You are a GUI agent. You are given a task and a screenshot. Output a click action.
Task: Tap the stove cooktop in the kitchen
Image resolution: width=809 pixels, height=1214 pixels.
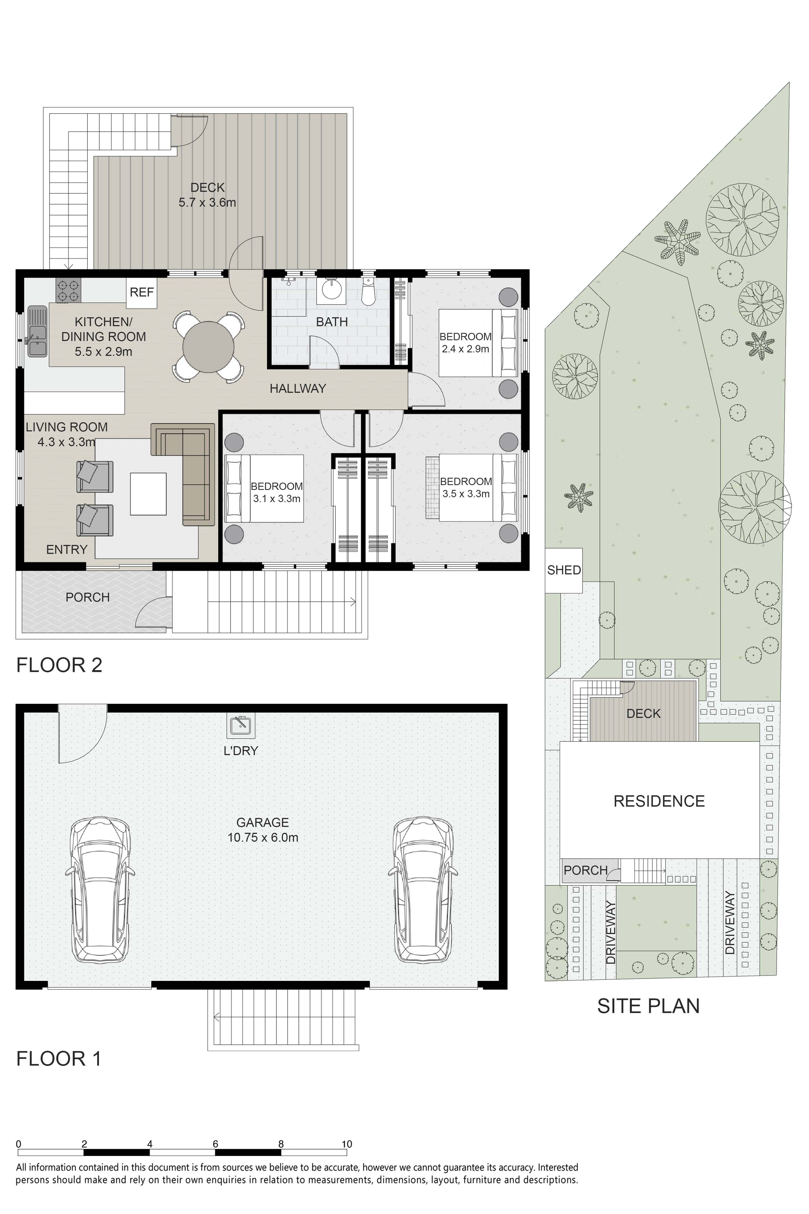pos(68,291)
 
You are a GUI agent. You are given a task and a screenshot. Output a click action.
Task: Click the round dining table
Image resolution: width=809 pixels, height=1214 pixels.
pos(208,347)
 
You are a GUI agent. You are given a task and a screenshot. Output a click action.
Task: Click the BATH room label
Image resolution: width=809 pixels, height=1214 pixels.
pos(332,322)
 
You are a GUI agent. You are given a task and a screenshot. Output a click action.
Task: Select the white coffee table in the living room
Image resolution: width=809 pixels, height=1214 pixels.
pos(148,494)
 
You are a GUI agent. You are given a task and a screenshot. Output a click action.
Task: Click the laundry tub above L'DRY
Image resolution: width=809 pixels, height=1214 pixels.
pos(241,725)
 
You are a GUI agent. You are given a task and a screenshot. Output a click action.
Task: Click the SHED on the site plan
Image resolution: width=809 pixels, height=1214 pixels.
pos(564,570)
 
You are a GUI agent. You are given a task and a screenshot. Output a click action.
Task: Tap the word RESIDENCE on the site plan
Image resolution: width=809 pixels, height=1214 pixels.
pos(659,801)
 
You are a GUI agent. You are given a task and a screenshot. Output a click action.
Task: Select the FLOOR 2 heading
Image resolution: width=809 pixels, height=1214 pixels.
pos(59,665)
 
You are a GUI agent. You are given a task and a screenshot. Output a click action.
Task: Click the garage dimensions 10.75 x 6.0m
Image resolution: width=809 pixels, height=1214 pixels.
pos(263,838)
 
